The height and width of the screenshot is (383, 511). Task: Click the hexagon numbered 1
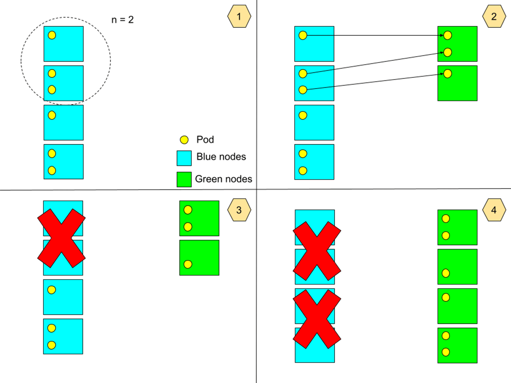click(239, 17)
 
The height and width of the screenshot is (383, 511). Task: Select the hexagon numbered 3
click(239, 210)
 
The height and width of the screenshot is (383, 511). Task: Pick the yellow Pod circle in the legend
click(184, 140)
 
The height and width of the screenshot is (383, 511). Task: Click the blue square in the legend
click(185, 158)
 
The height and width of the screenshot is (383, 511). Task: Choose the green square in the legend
click(185, 179)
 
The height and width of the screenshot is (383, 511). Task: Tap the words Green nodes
click(224, 179)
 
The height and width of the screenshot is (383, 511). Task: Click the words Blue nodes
click(221, 157)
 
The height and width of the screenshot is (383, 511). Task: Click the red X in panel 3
click(61, 238)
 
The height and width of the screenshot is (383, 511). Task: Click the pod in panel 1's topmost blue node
click(52, 35)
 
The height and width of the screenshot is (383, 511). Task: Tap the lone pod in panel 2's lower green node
click(447, 74)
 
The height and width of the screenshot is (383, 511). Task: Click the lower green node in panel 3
click(199, 257)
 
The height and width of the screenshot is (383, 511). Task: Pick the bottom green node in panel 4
click(457, 345)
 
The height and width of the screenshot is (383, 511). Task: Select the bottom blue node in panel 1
click(63, 162)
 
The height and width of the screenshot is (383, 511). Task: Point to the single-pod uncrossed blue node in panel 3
click(63, 297)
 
